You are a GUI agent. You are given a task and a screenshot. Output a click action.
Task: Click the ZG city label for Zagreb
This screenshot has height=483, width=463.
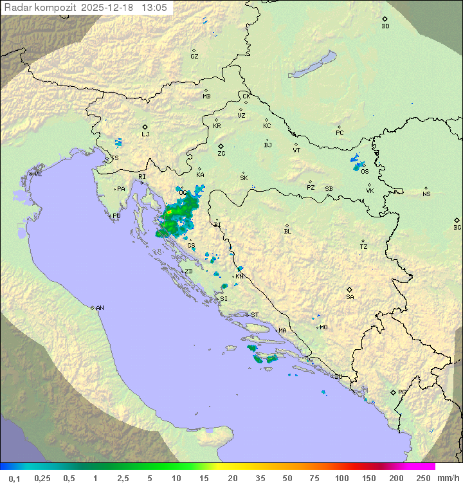click(x=221, y=154)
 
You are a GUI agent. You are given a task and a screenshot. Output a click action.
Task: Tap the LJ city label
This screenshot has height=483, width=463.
click(x=145, y=134)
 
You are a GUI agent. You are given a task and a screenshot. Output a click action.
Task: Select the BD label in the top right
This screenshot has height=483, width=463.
click(x=385, y=26)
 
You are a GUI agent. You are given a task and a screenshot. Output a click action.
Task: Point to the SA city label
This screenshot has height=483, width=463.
click(x=350, y=296)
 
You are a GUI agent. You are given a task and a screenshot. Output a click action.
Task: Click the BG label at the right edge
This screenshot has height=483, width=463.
click(x=457, y=227)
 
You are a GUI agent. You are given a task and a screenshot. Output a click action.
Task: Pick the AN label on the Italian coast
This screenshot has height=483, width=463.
click(x=100, y=308)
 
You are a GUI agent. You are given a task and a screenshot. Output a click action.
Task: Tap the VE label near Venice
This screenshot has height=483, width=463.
click(x=38, y=174)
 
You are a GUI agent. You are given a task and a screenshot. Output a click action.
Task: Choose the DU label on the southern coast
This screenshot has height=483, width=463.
click(x=338, y=377)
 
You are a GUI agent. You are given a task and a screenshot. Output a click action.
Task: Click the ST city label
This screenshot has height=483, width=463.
click(x=255, y=315)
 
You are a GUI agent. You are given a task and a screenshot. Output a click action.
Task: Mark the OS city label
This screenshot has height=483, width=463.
click(x=365, y=171)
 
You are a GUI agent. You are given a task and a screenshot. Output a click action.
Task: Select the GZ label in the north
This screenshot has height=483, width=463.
click(x=194, y=56)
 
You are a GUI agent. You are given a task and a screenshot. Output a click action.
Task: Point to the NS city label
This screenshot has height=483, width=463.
click(x=426, y=194)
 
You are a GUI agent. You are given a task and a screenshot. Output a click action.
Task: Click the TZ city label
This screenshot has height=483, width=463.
click(x=363, y=246)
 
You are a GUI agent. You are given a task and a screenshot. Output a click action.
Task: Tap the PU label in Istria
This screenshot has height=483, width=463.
click(x=116, y=216)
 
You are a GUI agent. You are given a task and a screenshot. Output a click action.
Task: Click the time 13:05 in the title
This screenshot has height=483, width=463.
click(x=154, y=8)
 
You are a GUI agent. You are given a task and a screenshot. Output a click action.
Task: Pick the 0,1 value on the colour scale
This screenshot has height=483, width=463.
click(x=15, y=478)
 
